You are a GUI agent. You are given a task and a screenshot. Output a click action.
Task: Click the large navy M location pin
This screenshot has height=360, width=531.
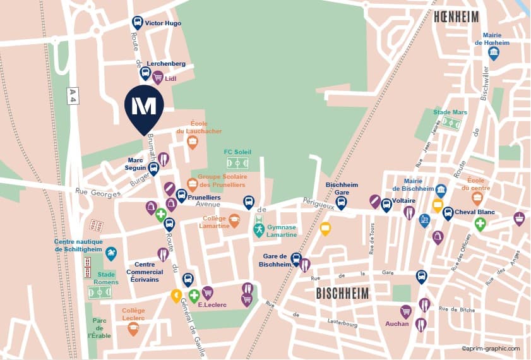click(x=144, y=107)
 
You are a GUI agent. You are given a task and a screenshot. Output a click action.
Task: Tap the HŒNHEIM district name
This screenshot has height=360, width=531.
click(x=456, y=17)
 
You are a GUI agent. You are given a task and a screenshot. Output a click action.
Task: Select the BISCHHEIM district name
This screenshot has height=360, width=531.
click(x=342, y=294)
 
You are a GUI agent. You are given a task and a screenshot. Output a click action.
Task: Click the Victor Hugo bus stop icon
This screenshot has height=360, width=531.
click(x=137, y=23)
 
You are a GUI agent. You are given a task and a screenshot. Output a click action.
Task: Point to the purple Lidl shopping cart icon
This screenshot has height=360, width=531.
click(x=157, y=78)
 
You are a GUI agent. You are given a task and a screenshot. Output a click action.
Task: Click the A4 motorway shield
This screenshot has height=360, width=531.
click(x=73, y=95)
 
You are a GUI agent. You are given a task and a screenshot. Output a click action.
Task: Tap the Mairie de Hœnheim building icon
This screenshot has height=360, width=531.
click(x=494, y=53)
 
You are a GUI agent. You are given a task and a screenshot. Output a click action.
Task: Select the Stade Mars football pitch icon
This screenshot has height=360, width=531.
click(x=450, y=123)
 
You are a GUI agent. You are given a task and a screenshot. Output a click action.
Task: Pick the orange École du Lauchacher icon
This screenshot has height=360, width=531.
click(x=193, y=142)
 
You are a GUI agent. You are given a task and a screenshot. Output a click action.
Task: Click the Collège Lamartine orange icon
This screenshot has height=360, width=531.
click(x=234, y=220)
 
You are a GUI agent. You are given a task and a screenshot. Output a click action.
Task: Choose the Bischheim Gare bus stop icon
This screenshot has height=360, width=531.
click(x=341, y=203)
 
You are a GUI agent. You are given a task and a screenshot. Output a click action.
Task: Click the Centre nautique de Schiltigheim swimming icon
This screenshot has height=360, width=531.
click(x=111, y=253)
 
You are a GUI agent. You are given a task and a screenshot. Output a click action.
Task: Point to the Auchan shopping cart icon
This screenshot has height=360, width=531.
click(x=406, y=311)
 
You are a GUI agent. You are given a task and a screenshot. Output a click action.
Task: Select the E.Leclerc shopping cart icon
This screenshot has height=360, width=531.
click(x=207, y=293)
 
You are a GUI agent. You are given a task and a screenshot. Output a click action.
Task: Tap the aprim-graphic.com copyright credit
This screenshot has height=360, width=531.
click(x=491, y=348)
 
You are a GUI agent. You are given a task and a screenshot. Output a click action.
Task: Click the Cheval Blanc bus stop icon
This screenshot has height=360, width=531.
click(x=448, y=213)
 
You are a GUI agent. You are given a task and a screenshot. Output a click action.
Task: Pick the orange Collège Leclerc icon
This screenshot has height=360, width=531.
click(x=133, y=328)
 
